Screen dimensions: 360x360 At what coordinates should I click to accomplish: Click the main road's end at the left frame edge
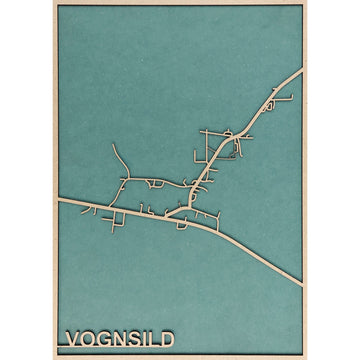click(x=59, y=201)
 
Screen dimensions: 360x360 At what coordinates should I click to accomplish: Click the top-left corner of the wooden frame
click(x=55, y=2)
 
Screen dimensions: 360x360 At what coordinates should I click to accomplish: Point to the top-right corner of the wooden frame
click(x=304, y=2)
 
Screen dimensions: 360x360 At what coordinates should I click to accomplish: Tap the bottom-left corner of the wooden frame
click(x=55, y=357)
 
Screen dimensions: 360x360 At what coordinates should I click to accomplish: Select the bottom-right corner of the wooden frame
click(x=304, y=357)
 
